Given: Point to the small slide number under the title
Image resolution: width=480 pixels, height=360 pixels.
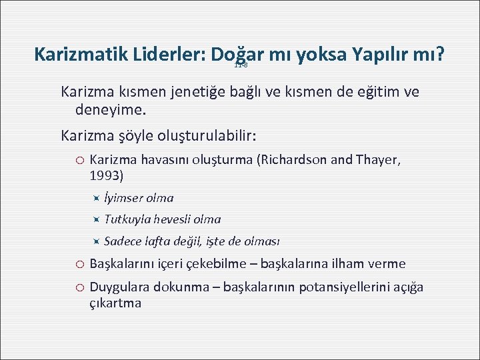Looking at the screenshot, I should pos(241,65).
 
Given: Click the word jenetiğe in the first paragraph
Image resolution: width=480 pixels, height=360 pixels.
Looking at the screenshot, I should pos(195,91).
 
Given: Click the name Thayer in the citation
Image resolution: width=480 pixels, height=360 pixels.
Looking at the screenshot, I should pos(380,161).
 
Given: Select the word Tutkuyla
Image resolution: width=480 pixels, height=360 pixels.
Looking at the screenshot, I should pos(127,219).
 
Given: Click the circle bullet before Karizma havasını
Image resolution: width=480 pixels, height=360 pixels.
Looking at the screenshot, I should pos(78,161).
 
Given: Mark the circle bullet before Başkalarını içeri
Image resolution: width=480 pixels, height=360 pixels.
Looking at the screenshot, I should pos(78,264).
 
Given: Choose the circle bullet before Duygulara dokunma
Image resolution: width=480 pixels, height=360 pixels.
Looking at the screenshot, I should pos(78,288).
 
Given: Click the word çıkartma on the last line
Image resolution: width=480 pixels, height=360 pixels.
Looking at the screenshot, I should pos(115,303).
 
